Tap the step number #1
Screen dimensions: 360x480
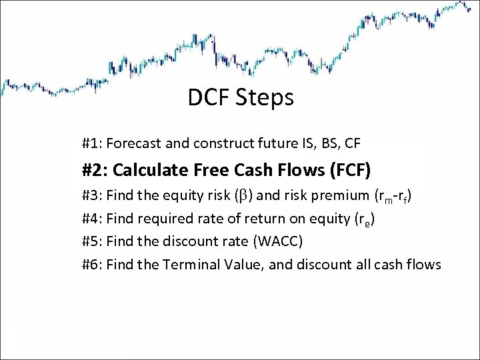91,143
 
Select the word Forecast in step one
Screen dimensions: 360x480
130,143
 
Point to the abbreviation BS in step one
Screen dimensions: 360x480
333,143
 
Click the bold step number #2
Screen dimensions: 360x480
94,170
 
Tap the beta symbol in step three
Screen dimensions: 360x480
253,196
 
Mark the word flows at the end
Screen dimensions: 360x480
423,265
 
